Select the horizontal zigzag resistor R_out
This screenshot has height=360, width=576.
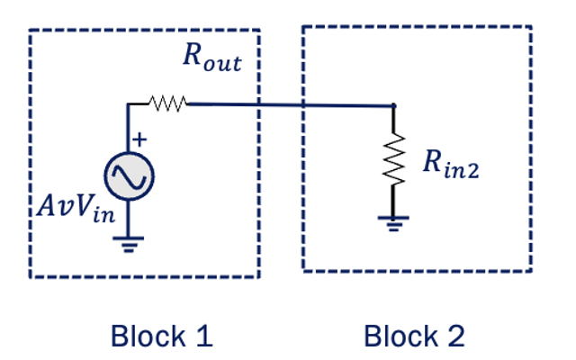coord(168,104)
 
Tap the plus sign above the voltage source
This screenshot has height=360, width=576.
coord(140,139)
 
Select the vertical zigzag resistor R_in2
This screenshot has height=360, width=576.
coord(392,161)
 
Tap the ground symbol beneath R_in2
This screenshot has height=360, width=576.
coord(392,221)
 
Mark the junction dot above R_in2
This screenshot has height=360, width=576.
coord(392,105)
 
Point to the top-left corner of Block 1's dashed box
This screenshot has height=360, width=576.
coord(31,31)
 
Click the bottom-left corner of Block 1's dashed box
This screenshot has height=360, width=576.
coord(31,275)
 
